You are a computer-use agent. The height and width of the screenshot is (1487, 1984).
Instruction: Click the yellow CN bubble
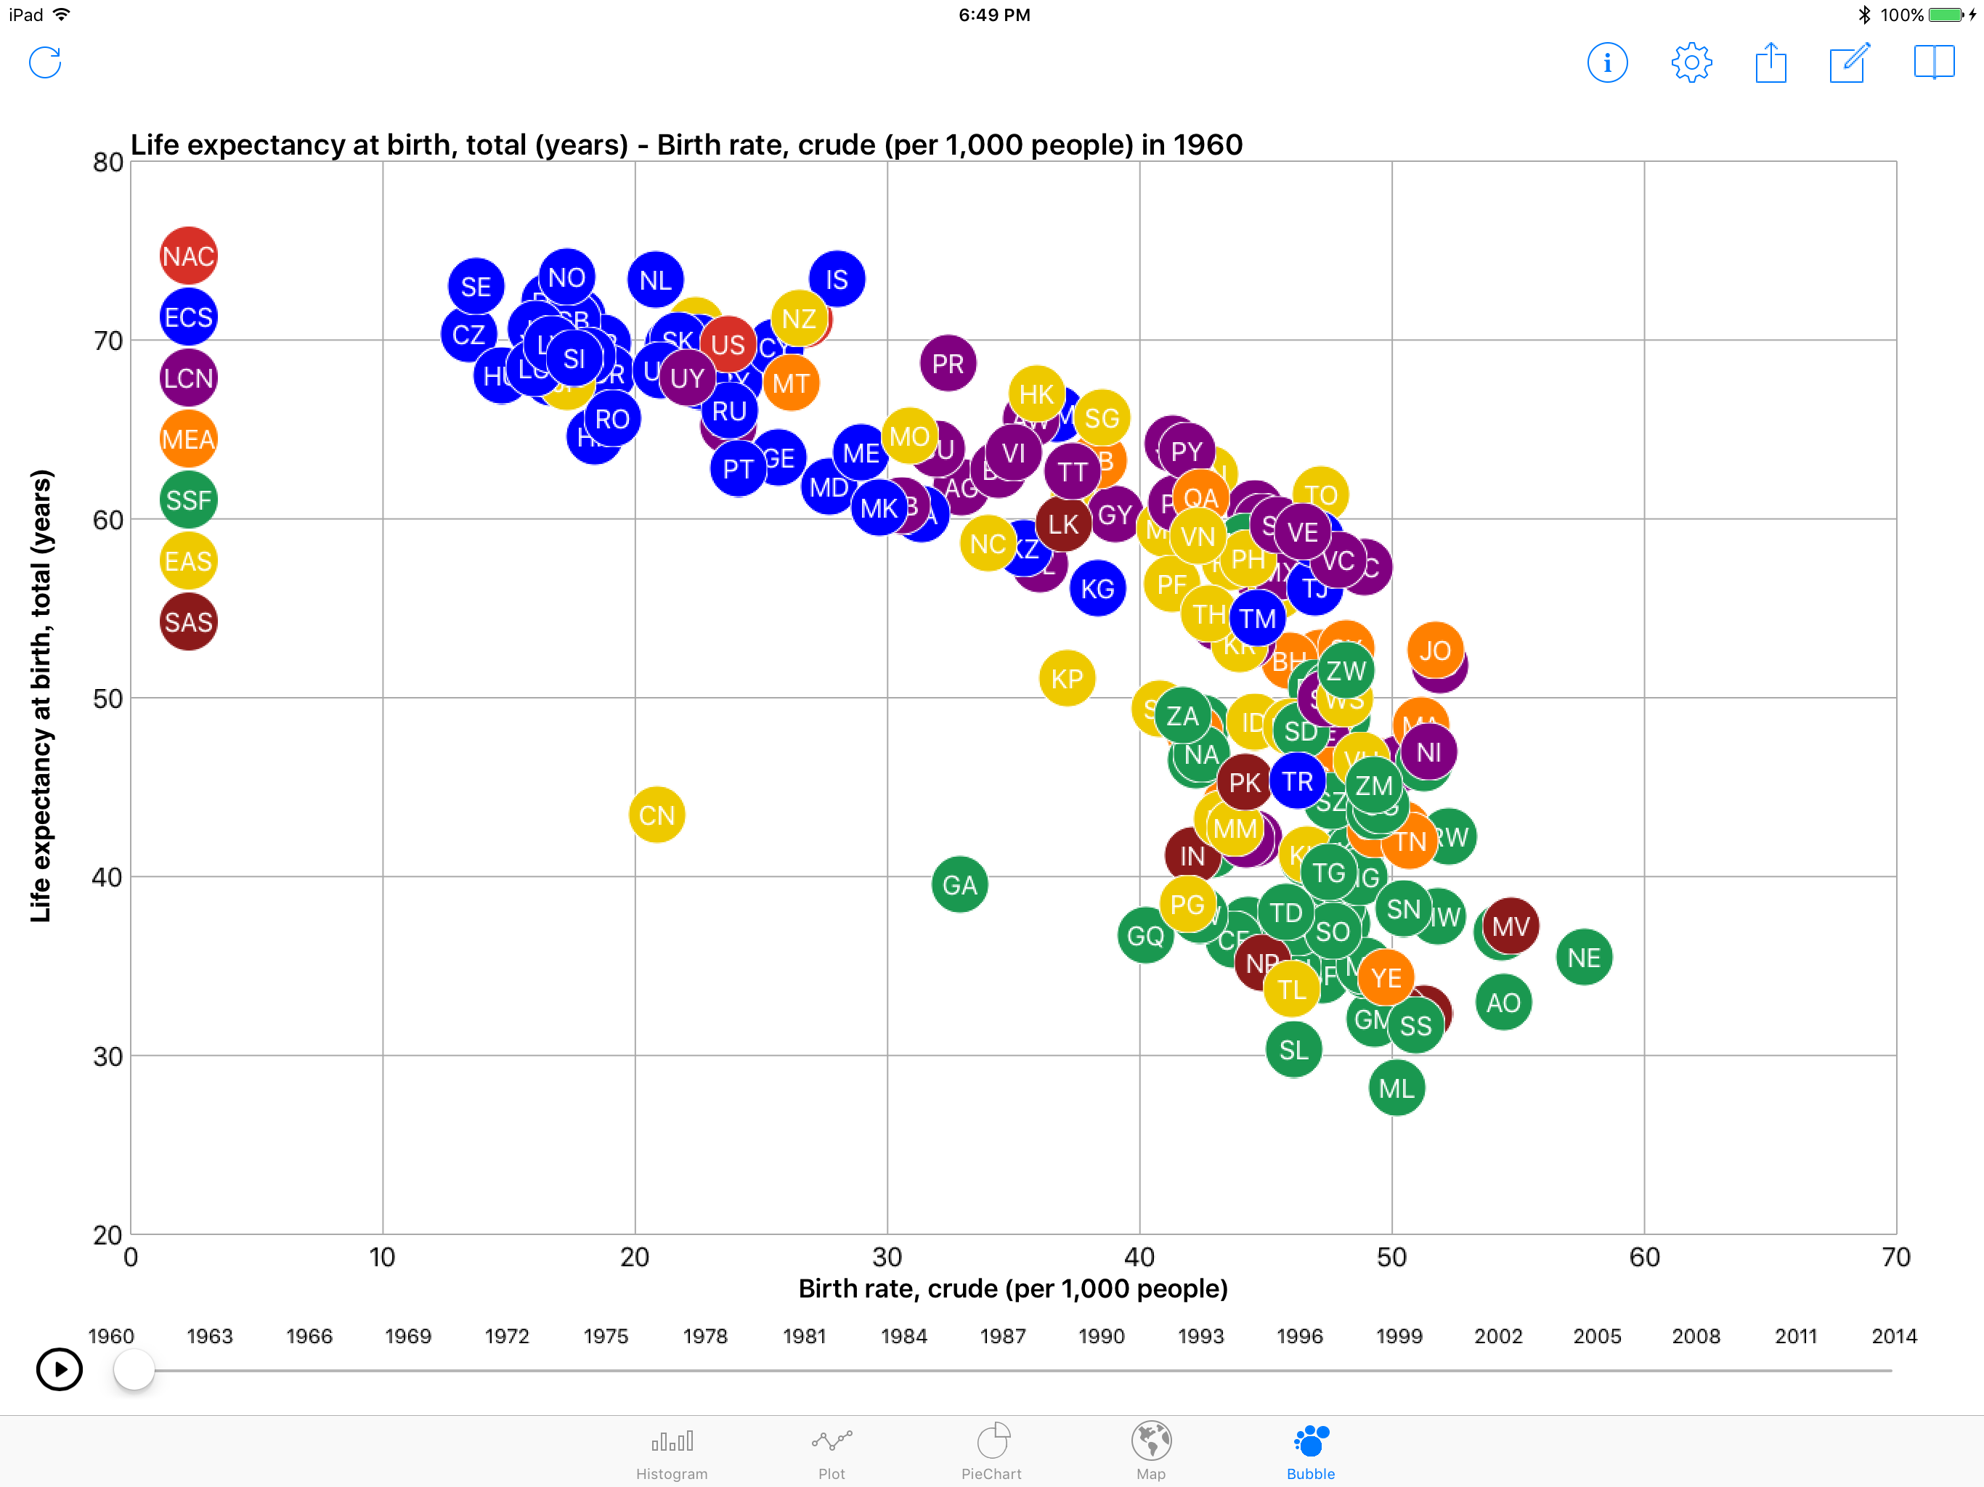(656, 815)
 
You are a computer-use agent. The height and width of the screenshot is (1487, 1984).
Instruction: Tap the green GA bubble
(960, 885)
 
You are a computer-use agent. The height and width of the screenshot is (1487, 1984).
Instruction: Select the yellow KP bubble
(1067, 679)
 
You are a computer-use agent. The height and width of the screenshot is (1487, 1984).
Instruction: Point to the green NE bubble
(1584, 958)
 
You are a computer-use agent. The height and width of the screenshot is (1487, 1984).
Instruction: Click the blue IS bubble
(837, 280)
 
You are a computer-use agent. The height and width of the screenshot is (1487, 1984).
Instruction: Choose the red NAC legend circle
(188, 256)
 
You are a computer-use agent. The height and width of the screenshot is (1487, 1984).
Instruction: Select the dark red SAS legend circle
(188, 622)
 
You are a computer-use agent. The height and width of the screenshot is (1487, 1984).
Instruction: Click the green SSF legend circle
(188, 500)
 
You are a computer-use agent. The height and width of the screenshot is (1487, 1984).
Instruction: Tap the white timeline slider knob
(134, 1370)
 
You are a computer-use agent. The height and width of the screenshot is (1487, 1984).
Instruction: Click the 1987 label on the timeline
(1003, 1336)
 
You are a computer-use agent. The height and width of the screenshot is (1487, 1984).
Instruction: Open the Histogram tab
(672, 1453)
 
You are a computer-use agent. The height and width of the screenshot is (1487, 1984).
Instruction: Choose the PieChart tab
(991, 1453)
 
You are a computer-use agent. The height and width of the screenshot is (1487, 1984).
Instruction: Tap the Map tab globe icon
(1151, 1441)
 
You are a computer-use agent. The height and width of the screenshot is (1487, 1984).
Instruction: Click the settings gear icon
(1691, 62)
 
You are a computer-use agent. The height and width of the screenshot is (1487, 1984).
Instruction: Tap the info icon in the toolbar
(1607, 62)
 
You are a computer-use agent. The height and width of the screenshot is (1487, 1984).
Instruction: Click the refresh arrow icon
(45, 62)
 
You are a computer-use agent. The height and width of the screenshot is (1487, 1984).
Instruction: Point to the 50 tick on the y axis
(107, 698)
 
